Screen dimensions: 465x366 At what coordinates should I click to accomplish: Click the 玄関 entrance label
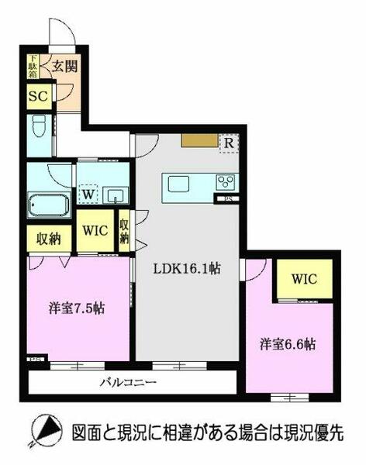tap(64, 68)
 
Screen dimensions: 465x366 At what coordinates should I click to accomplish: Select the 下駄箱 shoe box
tap(33, 68)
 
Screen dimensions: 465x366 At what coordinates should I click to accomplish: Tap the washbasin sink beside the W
tap(115, 195)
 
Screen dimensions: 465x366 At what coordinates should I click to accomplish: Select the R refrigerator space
tap(229, 143)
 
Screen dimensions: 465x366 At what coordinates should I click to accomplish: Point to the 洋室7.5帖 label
tap(78, 306)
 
